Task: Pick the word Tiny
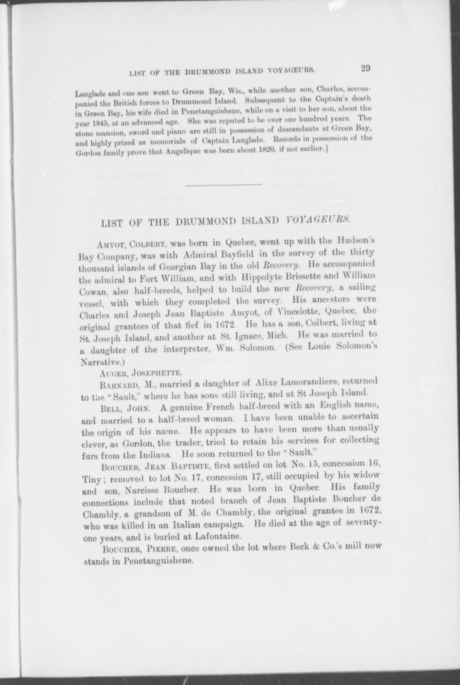pyautogui.click(x=90, y=479)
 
